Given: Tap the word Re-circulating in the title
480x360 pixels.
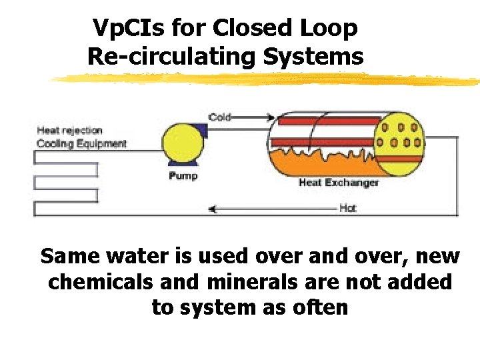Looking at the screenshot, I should [171, 57].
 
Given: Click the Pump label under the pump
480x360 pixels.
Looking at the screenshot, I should [183, 176].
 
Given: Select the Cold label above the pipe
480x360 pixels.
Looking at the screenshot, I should [220, 117].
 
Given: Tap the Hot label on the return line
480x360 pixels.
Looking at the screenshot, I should [347, 208].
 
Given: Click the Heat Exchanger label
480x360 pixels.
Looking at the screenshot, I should [339, 182].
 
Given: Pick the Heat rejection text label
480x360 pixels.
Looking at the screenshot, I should [69, 131].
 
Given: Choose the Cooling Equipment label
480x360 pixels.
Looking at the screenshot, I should [81, 143].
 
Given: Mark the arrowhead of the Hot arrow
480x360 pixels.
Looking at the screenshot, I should [213, 209].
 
